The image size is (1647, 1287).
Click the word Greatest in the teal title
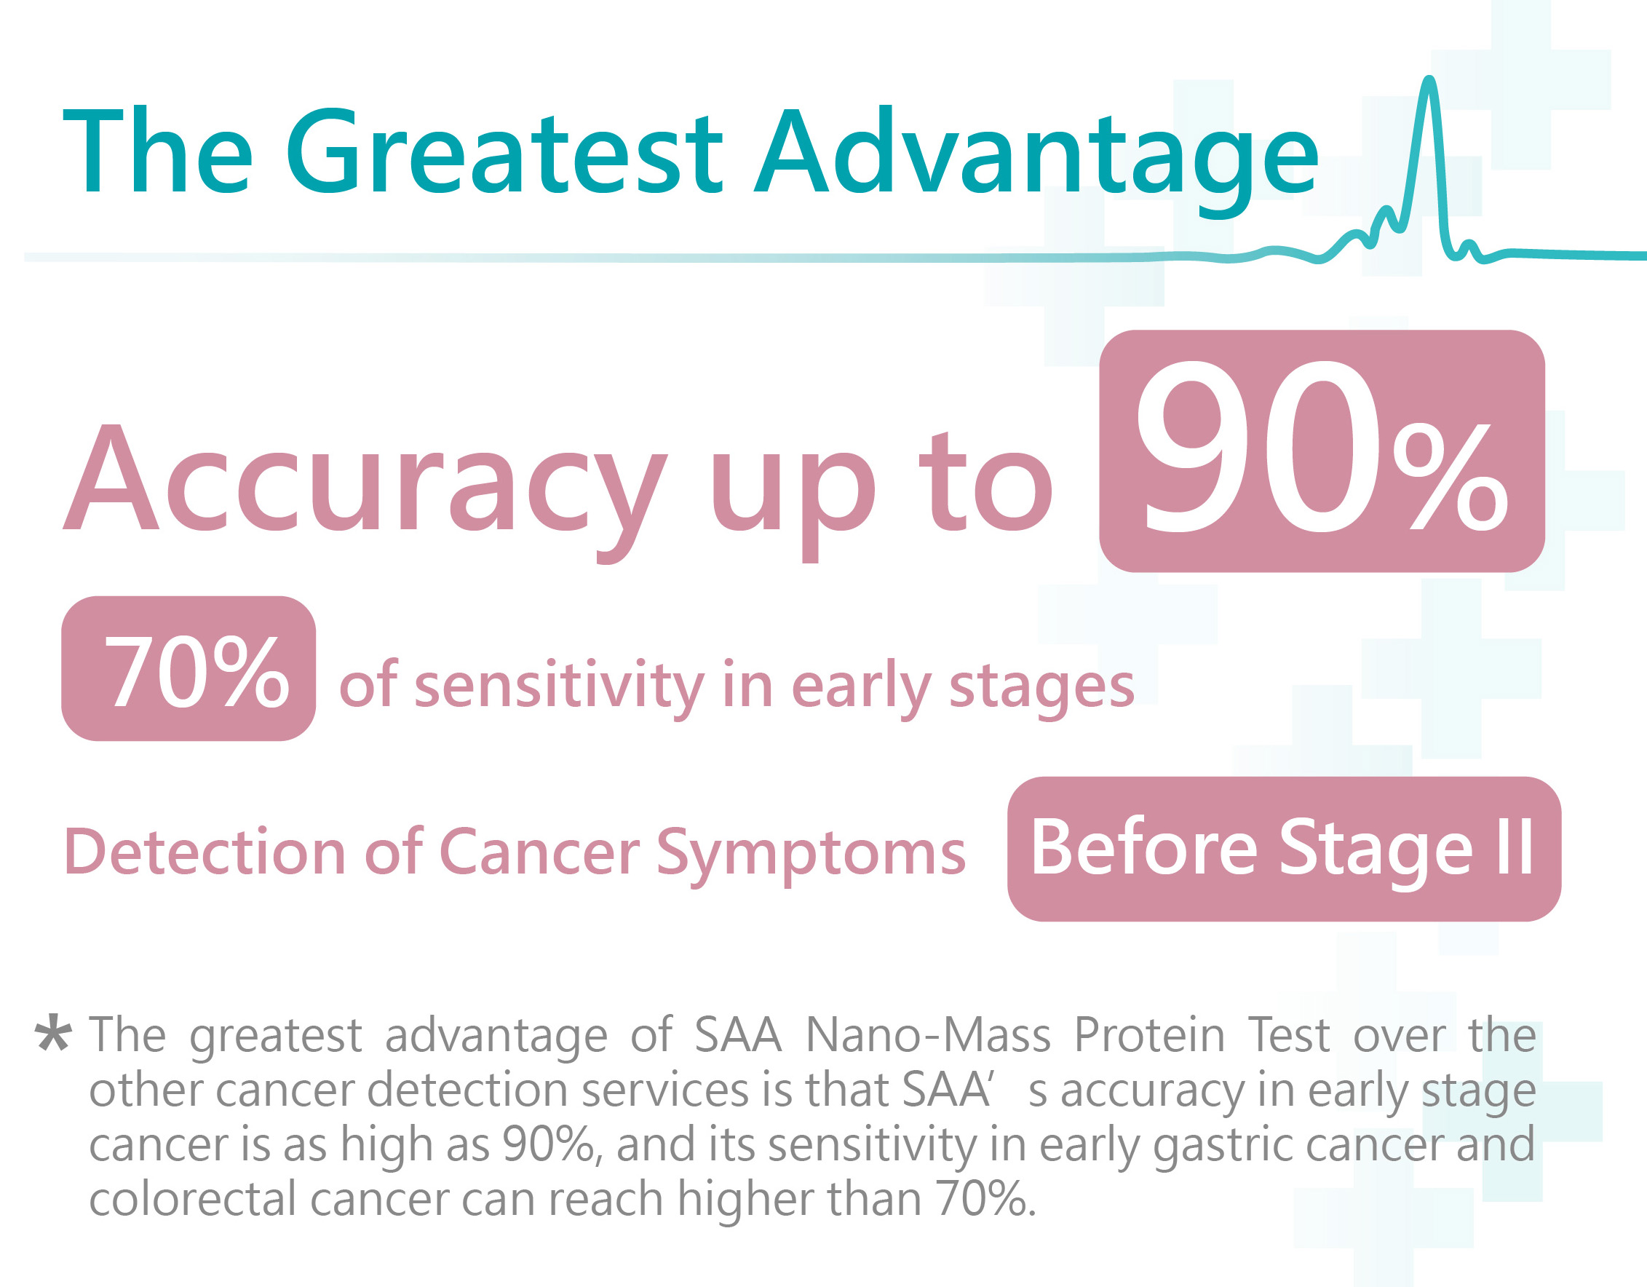pyautogui.click(x=504, y=151)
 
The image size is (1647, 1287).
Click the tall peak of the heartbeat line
pyautogui.click(x=1430, y=79)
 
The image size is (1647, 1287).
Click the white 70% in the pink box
pyautogui.click(x=197, y=670)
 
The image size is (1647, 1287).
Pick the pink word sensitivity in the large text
pyautogui.click(x=559, y=686)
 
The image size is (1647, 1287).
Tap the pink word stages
pyautogui.click(x=1041, y=688)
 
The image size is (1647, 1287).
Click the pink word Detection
pyautogui.click(x=205, y=852)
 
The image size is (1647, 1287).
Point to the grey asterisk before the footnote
pyautogui.click(x=54, y=1034)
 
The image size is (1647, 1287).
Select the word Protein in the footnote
pyautogui.click(x=1149, y=1035)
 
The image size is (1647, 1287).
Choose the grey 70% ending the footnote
pyautogui.click(x=985, y=1200)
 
